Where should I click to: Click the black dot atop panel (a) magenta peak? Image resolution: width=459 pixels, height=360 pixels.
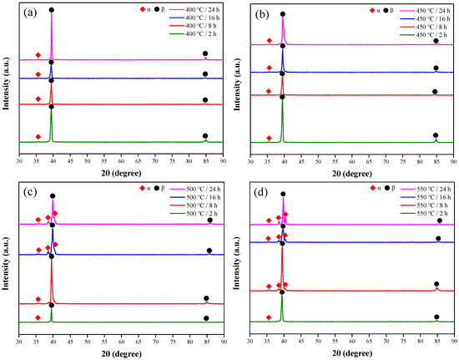point(52,10)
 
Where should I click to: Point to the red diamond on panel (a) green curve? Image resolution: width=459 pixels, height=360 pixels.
point(38,137)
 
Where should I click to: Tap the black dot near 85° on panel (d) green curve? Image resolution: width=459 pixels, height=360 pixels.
point(436,317)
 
